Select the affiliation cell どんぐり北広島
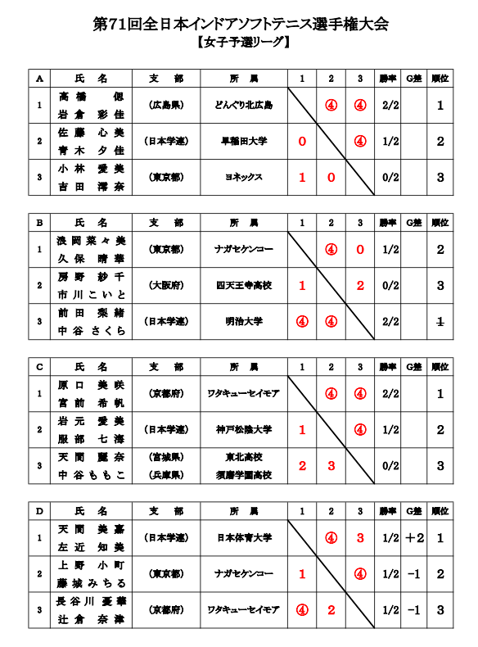click(x=244, y=106)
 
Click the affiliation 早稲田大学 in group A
click(x=244, y=142)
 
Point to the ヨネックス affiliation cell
click(x=244, y=177)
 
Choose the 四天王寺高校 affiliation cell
click(x=244, y=285)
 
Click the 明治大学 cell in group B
click(x=244, y=322)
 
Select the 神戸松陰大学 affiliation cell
click(x=244, y=429)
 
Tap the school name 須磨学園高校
click(x=244, y=474)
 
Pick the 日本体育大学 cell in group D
click(x=244, y=537)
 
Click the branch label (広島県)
click(x=166, y=106)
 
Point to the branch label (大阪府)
click(x=166, y=285)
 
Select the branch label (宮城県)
click(x=166, y=456)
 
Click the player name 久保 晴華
click(x=91, y=258)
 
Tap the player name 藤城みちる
click(x=91, y=582)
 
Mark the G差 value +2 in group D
click(x=415, y=537)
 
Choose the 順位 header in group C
click(x=440, y=366)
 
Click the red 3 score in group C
click(x=331, y=465)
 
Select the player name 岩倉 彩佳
click(x=91, y=114)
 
